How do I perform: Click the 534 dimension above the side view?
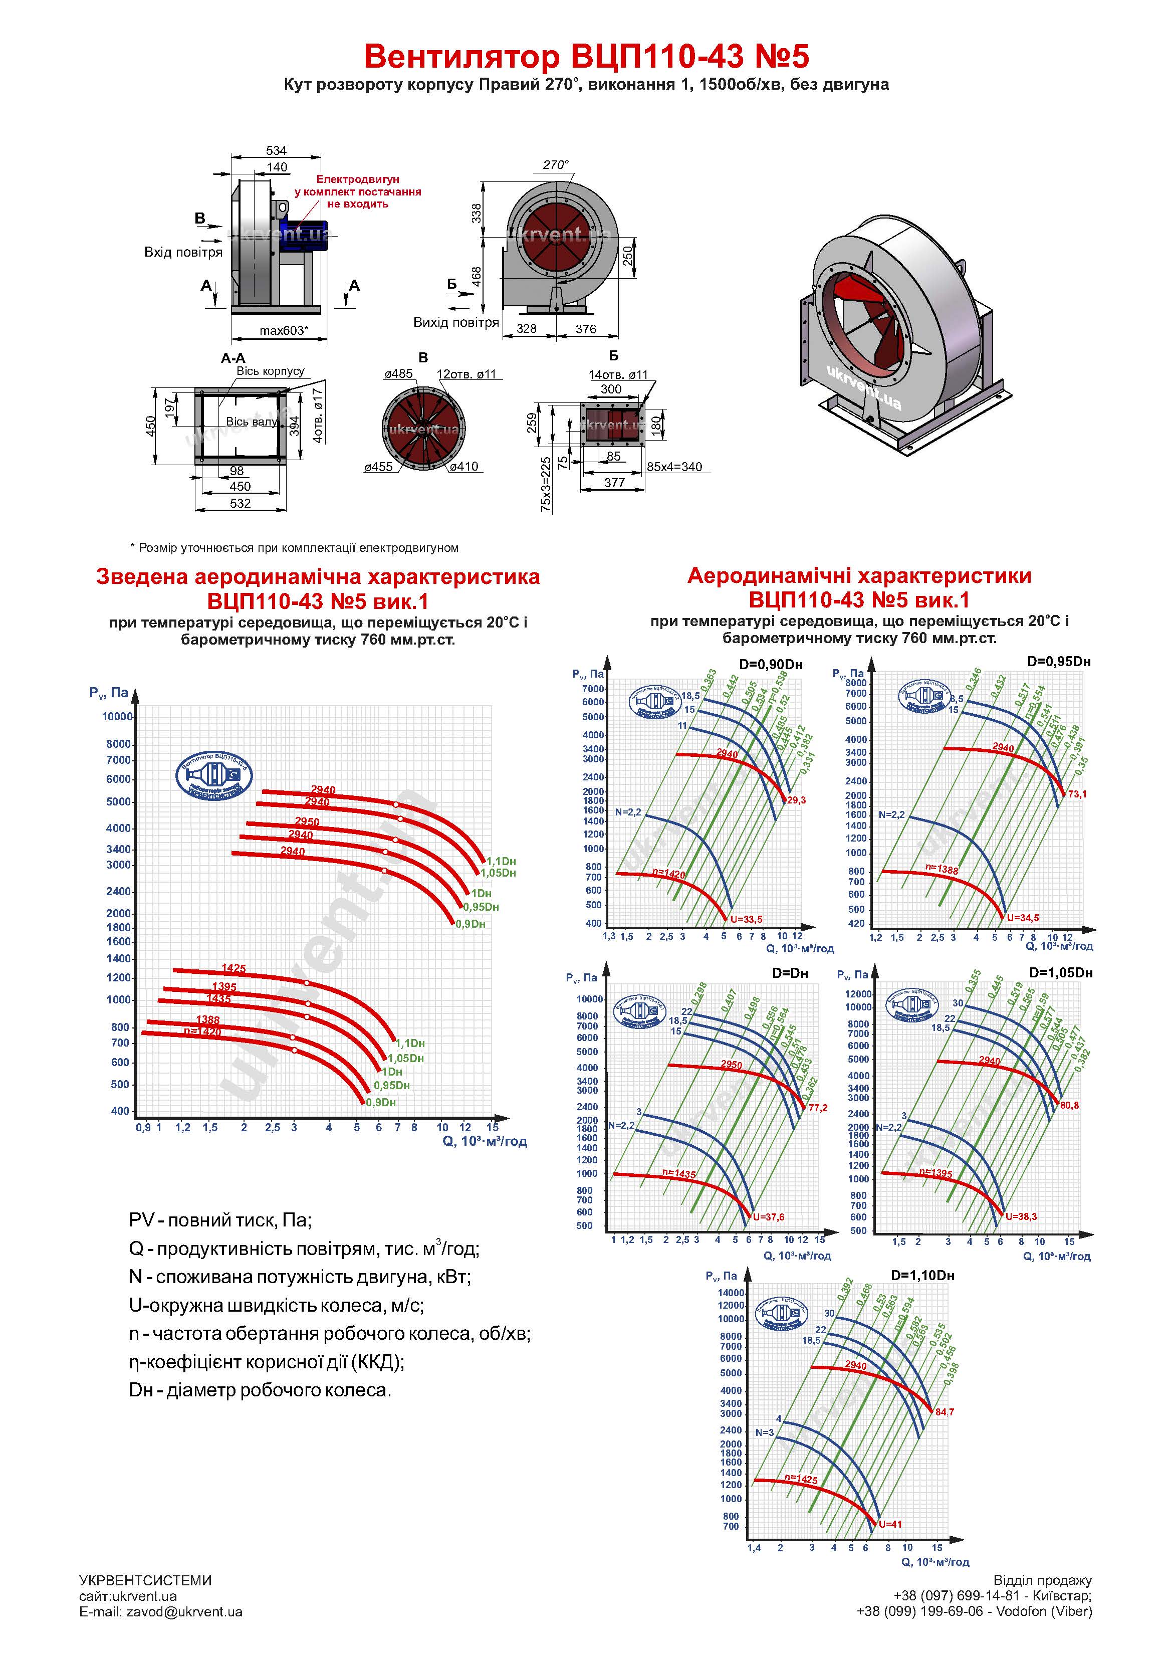point(276,150)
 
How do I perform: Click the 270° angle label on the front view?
point(555,164)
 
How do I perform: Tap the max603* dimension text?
point(284,331)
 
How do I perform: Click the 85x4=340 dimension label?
point(674,467)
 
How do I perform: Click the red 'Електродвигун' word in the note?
point(357,179)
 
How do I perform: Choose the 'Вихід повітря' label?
point(455,322)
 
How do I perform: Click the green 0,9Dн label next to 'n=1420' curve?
point(380,1103)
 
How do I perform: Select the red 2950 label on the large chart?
point(307,822)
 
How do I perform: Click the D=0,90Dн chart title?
point(771,665)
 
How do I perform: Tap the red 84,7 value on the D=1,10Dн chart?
point(945,1412)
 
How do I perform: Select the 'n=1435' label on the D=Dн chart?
point(679,1175)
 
